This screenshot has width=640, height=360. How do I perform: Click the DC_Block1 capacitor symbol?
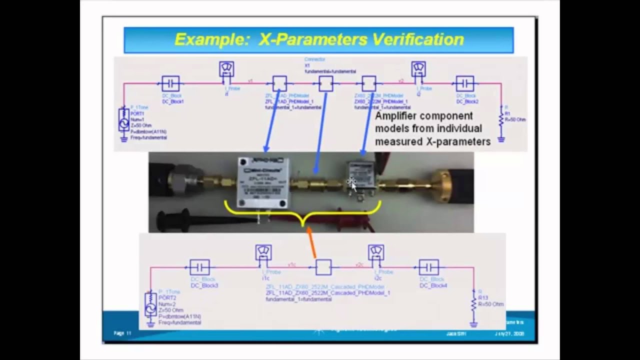tap(170, 83)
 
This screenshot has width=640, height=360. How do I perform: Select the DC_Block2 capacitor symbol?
tap(465, 83)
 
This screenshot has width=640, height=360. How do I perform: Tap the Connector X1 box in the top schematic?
tap(325, 83)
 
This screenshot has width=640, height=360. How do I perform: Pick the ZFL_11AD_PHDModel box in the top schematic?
tap(279, 83)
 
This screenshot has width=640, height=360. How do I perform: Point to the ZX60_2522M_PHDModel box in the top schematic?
tap(369, 83)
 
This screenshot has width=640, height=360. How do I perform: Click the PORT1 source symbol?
tap(124, 120)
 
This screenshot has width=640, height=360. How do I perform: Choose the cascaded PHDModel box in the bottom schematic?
tap(323, 267)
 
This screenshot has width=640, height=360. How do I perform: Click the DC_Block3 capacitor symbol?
tap(199, 267)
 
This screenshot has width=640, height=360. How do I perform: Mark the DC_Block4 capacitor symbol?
tap(428, 267)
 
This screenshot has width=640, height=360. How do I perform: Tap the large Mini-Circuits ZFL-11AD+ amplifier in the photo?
tap(263, 182)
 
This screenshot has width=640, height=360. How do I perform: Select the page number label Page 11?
tap(122, 333)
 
